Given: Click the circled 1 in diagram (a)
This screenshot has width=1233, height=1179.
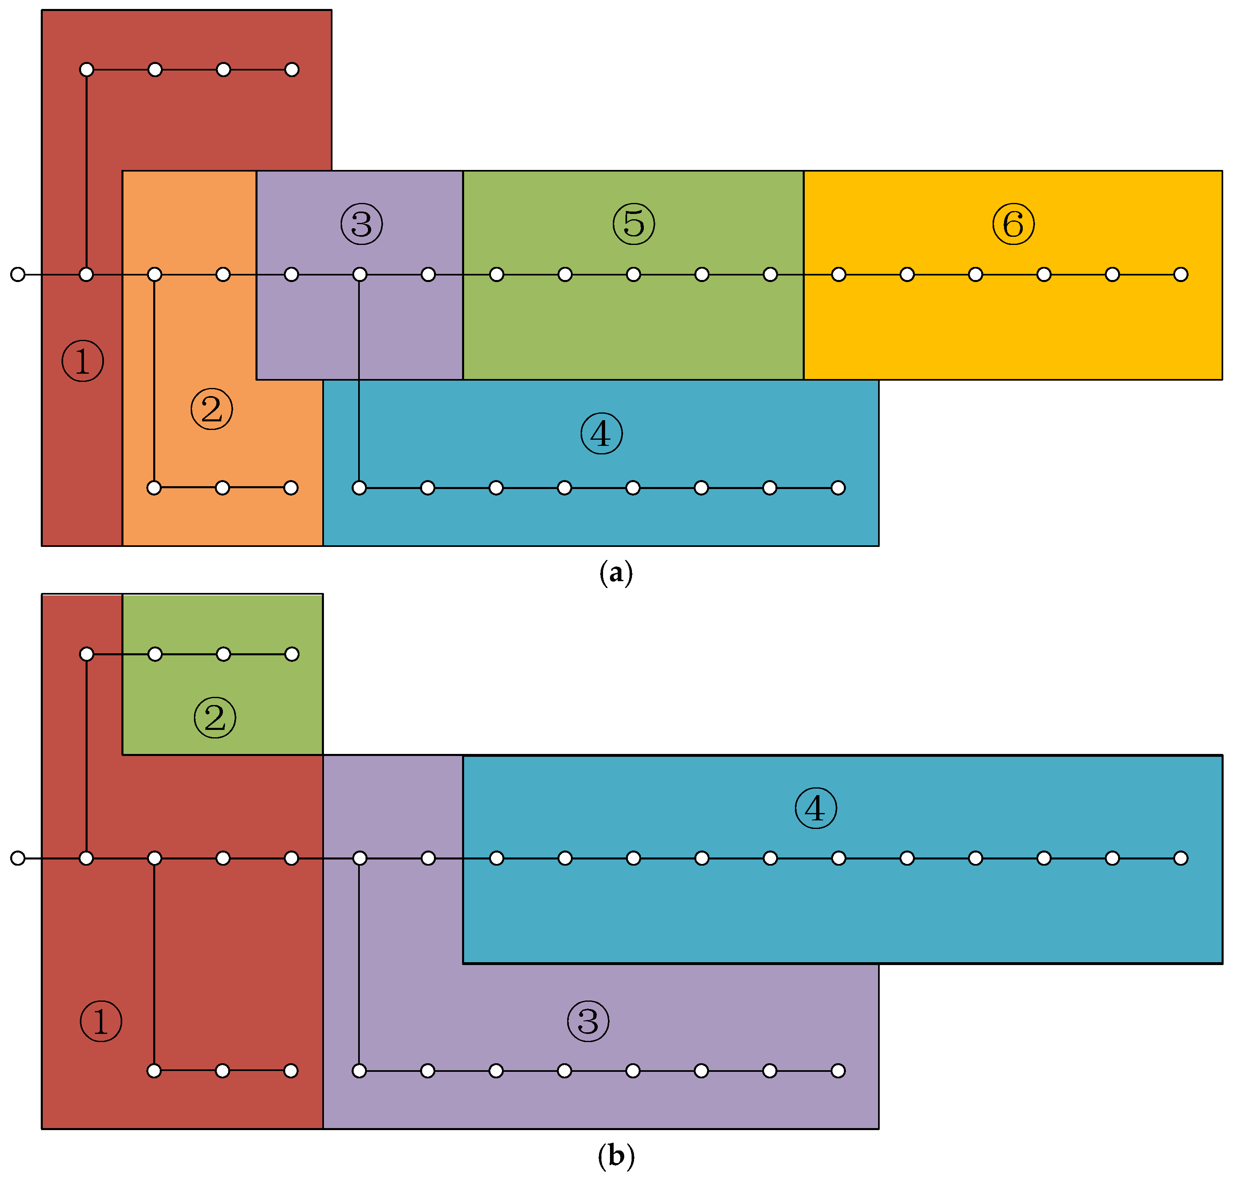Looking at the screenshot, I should tap(82, 361).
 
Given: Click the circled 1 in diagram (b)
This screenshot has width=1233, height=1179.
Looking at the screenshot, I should tap(101, 1021).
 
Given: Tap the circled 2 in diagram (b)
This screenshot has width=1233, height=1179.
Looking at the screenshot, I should tap(214, 717).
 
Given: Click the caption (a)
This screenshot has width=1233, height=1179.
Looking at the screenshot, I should tap(616, 573).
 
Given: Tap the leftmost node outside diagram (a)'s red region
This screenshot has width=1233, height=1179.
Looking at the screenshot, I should tap(18, 274).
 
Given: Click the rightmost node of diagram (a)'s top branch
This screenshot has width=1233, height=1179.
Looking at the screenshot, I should tap(292, 69).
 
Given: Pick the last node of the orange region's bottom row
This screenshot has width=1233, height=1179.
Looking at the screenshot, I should tap(291, 488).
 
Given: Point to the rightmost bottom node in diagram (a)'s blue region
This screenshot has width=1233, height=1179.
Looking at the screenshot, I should tap(838, 488).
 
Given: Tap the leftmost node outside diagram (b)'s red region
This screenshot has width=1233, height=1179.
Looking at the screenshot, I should tap(18, 858).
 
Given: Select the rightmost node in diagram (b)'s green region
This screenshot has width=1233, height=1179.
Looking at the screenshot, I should tap(292, 654).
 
